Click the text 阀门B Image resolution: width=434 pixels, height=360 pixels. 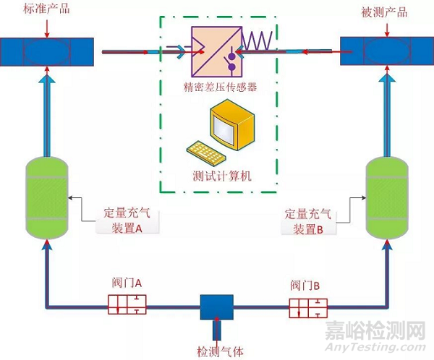coord(307,285)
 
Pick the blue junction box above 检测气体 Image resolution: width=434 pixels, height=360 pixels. coord(216,307)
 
